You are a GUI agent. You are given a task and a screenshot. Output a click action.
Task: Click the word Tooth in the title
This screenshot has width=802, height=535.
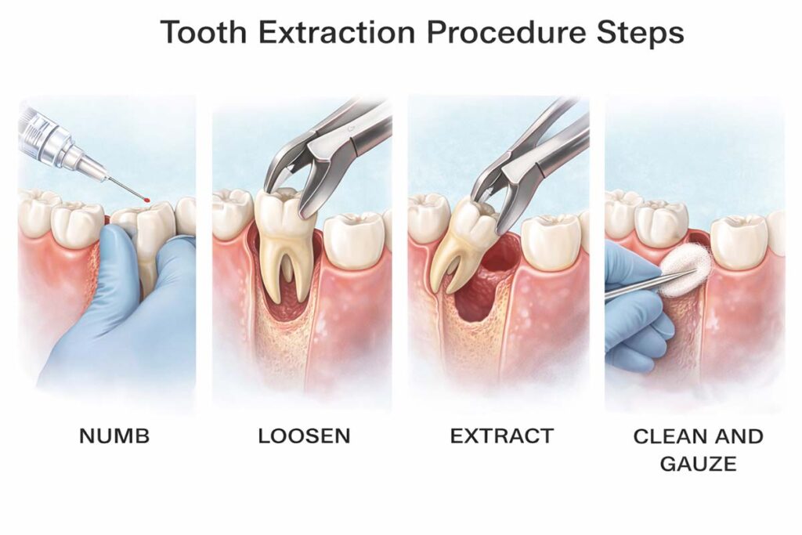[x=204, y=32]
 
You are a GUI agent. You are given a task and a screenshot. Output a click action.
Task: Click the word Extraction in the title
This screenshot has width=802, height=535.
[x=337, y=32]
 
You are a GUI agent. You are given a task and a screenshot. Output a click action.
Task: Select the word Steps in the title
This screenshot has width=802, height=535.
[x=641, y=34]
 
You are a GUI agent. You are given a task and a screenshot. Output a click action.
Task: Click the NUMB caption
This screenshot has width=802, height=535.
[x=114, y=436]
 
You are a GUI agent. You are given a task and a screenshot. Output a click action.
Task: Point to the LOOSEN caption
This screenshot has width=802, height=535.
[x=305, y=436]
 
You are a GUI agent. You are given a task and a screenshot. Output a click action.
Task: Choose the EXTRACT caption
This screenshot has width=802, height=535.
[x=502, y=436]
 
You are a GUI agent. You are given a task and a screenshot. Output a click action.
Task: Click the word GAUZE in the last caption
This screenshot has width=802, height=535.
[x=698, y=464]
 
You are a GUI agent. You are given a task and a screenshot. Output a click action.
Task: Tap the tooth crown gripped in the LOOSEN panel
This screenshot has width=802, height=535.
[x=280, y=214]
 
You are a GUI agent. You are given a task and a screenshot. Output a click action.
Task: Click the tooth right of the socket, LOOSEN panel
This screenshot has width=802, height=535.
[x=355, y=240]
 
